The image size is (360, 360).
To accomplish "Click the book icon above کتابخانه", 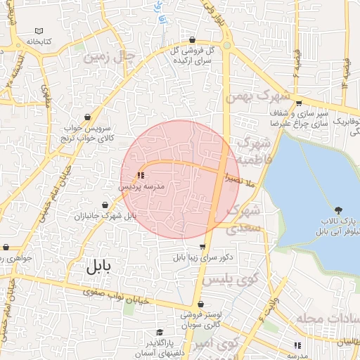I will (39, 32).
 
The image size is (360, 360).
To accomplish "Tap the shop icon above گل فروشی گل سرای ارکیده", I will (193, 40).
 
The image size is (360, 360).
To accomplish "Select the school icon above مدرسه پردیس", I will (141, 174).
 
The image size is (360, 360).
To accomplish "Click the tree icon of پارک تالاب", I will (340, 209).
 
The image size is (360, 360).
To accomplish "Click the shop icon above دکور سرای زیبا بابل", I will (203, 247).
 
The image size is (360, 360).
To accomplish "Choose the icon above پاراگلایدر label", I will (160, 332).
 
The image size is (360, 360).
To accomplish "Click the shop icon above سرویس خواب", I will (86, 117).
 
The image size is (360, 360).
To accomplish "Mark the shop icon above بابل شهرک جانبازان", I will (105, 205).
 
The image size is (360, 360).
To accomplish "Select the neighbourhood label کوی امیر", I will (218, 344).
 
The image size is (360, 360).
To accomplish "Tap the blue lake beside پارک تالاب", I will (309, 183).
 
